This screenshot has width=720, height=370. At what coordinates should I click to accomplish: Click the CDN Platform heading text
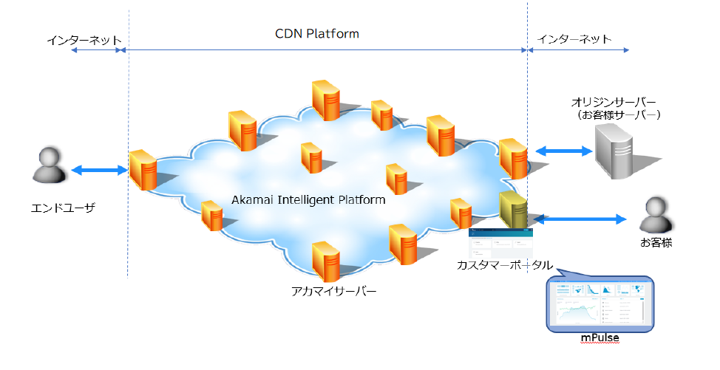click(x=317, y=34)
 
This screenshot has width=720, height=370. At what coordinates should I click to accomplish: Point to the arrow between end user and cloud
click(x=99, y=171)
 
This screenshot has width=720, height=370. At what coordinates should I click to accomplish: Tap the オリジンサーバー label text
click(x=614, y=101)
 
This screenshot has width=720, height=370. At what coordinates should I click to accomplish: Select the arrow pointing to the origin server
click(x=563, y=151)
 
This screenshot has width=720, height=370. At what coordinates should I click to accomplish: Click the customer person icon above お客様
click(x=656, y=216)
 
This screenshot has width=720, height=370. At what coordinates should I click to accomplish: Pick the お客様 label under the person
click(x=656, y=242)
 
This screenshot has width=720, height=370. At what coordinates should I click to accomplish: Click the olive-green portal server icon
click(x=512, y=210)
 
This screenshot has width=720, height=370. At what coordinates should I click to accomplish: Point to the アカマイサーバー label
click(x=333, y=292)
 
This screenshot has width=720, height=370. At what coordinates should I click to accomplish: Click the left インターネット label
click(x=84, y=40)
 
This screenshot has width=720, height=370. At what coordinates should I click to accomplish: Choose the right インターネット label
click(x=574, y=39)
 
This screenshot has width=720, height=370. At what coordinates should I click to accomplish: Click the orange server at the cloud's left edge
click(x=142, y=170)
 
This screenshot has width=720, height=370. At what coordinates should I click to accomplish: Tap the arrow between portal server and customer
click(x=580, y=219)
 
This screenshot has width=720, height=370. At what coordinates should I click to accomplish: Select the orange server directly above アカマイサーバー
click(x=326, y=259)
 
